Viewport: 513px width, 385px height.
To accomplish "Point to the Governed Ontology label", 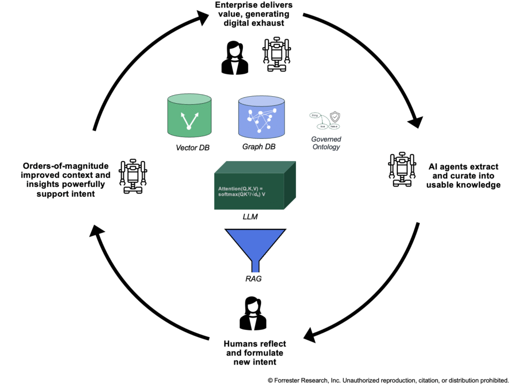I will coord(326,143).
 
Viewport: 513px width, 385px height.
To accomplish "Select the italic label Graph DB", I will coord(259,147).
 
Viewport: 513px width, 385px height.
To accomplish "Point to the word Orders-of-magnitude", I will coord(53,166).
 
